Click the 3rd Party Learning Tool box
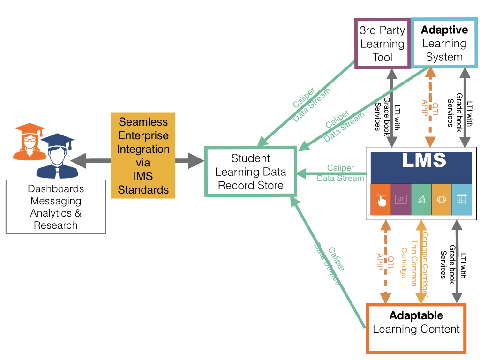[382, 44]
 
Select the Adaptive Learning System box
[444, 44]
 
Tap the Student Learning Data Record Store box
[251, 172]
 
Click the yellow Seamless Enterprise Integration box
[143, 156]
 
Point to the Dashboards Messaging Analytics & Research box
[56, 207]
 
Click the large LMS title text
[424, 161]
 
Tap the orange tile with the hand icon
[381, 199]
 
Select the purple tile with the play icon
[401, 199]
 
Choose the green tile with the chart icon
[421, 199]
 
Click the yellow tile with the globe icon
[441, 199]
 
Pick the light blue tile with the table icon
[461, 199]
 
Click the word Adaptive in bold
[444, 30]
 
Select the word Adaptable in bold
[416, 315]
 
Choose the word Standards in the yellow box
[143, 190]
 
